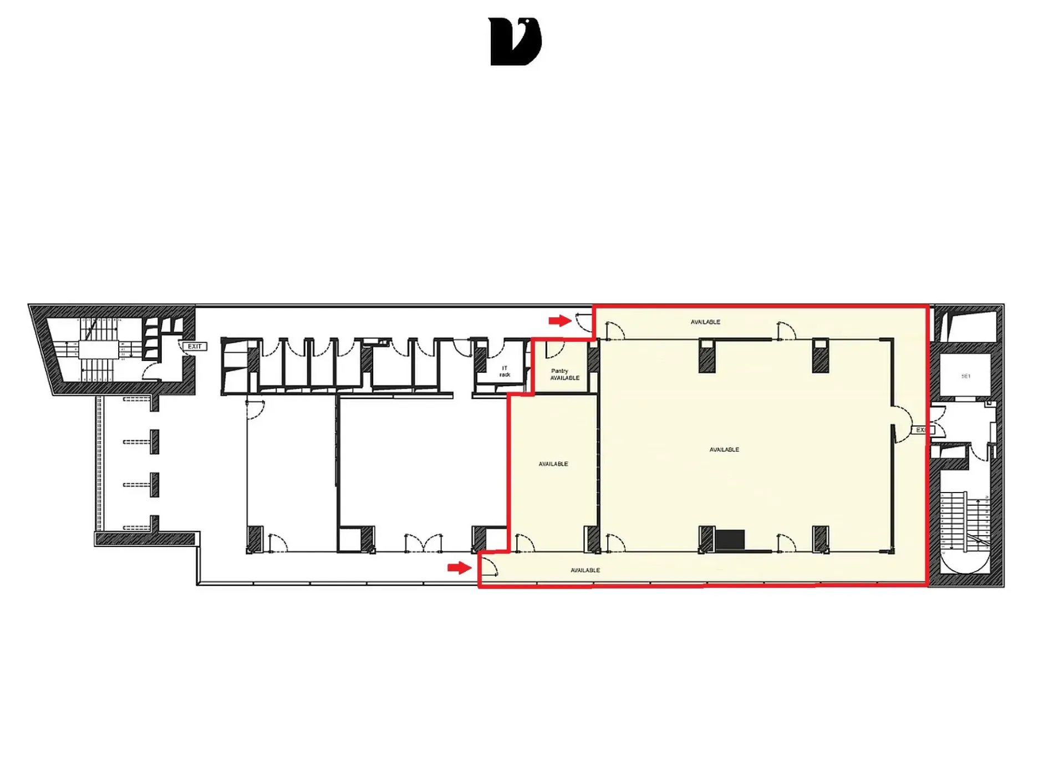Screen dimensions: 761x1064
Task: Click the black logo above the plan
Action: (515, 42)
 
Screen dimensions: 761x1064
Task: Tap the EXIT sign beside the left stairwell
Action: (195, 346)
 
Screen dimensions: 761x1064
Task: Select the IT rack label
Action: (505, 371)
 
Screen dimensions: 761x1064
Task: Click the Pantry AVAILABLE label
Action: (564, 374)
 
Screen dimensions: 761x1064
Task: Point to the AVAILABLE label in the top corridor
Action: (705, 322)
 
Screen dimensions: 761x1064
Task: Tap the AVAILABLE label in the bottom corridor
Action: (585, 570)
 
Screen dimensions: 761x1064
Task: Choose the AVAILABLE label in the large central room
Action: (724, 449)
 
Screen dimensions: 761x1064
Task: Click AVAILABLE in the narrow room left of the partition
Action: (553, 464)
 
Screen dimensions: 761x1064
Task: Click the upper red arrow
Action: (560, 321)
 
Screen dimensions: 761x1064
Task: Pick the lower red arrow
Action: (459, 567)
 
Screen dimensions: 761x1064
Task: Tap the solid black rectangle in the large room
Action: (730, 540)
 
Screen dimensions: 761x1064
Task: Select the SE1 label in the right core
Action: (965, 376)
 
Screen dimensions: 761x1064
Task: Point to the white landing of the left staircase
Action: (99, 349)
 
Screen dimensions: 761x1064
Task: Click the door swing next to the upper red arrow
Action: (584, 323)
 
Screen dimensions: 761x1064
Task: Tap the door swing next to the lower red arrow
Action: (488, 566)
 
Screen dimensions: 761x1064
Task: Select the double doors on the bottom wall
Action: (424, 543)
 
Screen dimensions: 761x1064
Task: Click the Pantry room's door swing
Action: (554, 350)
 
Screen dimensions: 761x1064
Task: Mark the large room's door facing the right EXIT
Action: (902, 424)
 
